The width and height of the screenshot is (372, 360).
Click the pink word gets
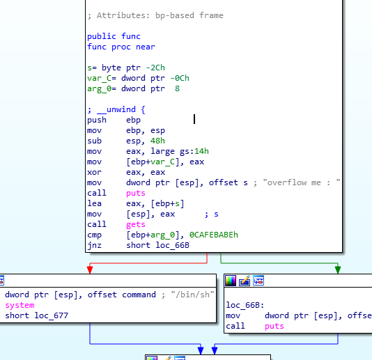click(x=135, y=225)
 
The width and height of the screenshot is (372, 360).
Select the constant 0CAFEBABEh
click(x=214, y=235)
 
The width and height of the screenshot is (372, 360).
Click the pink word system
click(x=20, y=305)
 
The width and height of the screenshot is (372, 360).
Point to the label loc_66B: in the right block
click(x=245, y=305)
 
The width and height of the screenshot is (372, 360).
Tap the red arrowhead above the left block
click(x=90, y=269)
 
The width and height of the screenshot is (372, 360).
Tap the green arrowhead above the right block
click(x=338, y=269)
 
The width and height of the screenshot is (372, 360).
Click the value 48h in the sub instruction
click(x=157, y=141)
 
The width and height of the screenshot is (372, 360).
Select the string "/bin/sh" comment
click(x=193, y=295)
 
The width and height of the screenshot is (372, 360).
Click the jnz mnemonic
click(x=94, y=245)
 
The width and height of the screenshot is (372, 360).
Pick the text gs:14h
click(x=194, y=151)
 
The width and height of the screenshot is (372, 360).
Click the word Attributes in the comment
click(x=123, y=15)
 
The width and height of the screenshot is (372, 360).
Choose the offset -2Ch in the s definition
click(x=155, y=68)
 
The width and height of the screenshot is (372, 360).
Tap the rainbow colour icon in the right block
click(x=231, y=281)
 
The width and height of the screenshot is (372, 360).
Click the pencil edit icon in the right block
click(x=245, y=281)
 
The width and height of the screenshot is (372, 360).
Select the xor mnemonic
click(x=94, y=172)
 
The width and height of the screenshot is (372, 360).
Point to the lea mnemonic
click(x=94, y=203)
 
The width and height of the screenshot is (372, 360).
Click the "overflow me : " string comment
click(x=302, y=182)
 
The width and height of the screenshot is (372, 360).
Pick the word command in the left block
click(x=139, y=295)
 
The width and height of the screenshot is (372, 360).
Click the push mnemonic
click(x=97, y=120)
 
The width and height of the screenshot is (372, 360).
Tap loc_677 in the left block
click(x=52, y=315)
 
